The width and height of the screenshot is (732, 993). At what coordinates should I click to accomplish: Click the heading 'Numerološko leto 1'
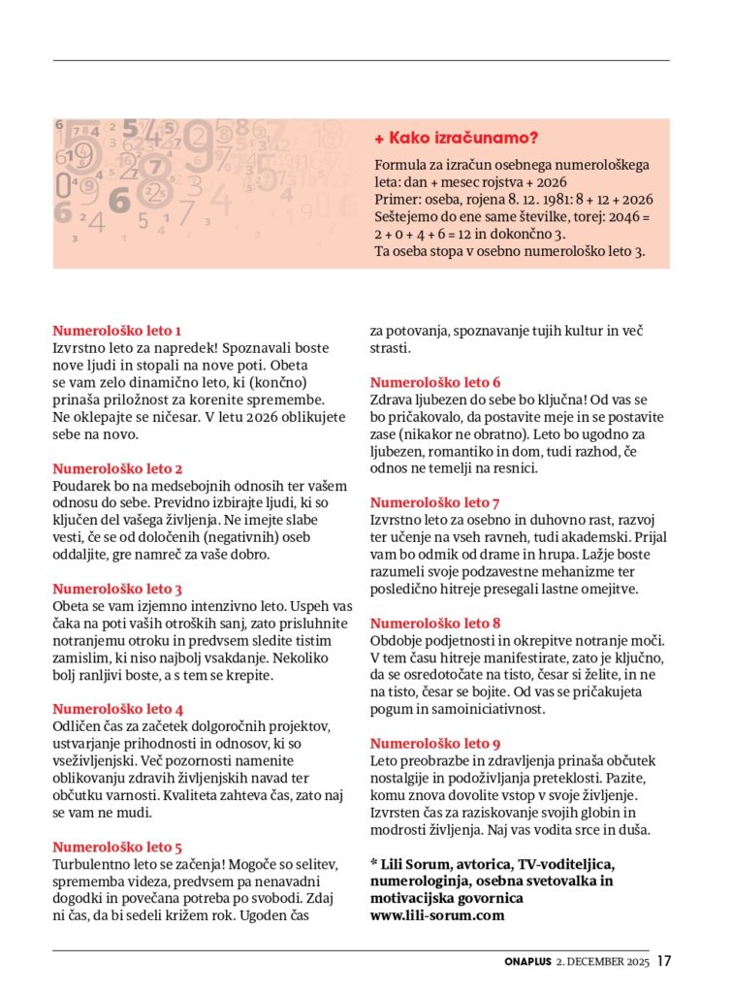(116, 330)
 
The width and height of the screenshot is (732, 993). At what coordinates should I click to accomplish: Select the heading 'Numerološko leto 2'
(117, 468)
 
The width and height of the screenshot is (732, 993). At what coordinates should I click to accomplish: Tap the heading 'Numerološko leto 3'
(117, 589)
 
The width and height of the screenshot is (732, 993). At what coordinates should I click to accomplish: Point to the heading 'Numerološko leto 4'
(117, 709)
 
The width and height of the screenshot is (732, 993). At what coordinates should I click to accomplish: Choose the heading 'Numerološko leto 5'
(117, 847)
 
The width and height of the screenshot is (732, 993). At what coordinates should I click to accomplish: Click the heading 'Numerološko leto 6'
(435, 382)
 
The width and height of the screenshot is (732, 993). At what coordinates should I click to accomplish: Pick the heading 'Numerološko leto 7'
(435, 502)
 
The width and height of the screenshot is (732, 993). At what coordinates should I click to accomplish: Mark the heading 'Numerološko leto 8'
(435, 623)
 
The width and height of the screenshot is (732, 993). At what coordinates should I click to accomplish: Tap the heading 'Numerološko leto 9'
(435, 744)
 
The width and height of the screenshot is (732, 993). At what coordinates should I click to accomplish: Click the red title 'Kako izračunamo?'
(462, 138)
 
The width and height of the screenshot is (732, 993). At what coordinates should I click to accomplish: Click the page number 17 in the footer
(663, 962)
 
